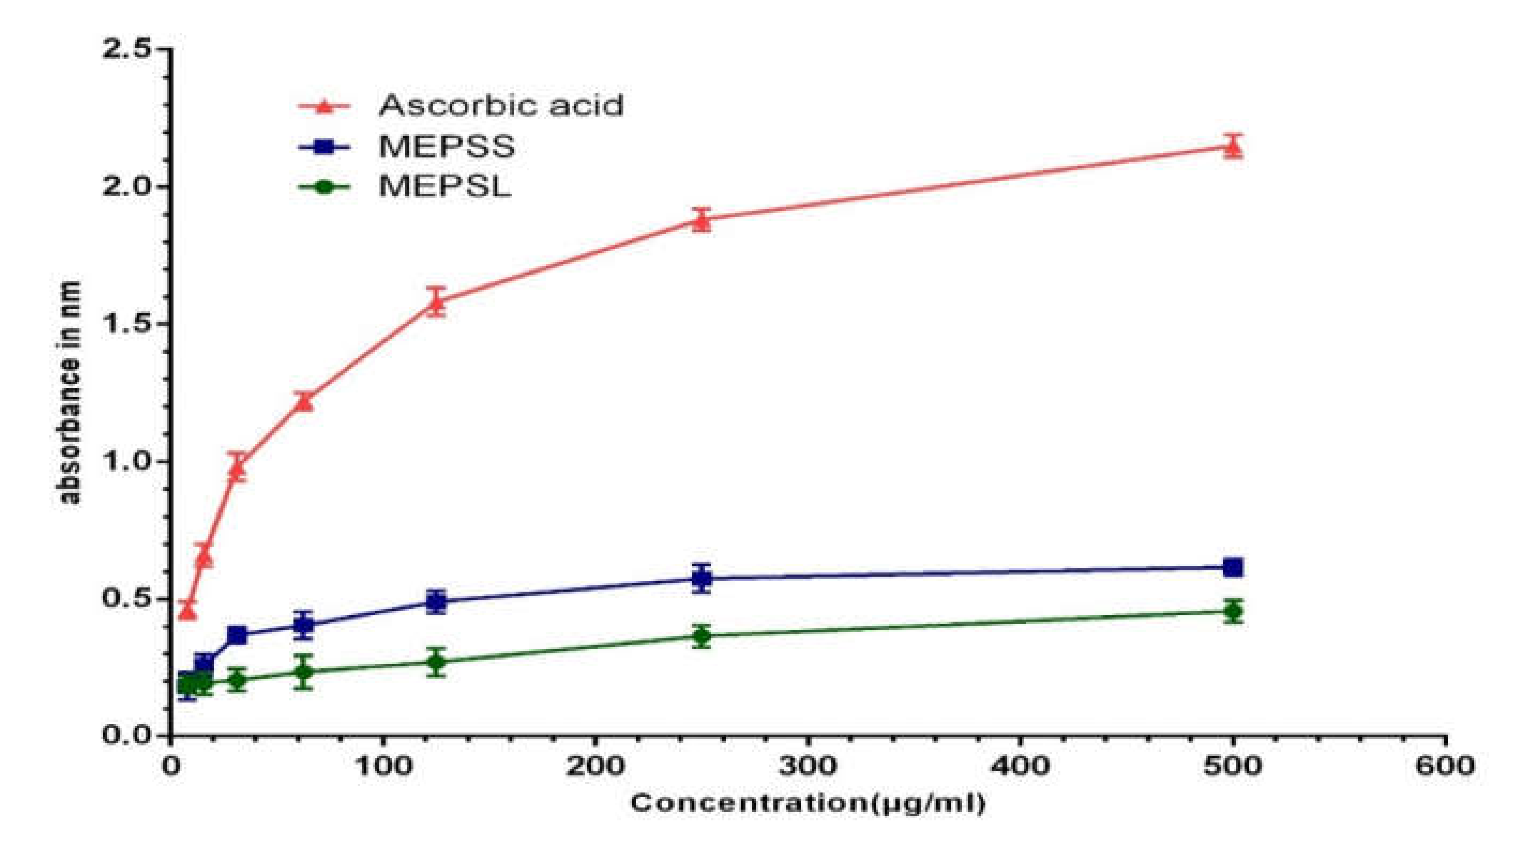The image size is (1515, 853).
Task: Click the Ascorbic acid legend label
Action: [x=501, y=106]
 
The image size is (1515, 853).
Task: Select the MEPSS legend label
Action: [x=447, y=146]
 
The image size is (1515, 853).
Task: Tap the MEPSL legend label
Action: [x=445, y=187]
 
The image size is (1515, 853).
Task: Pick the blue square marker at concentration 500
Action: [x=1233, y=568]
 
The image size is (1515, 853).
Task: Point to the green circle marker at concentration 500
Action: [x=1233, y=612]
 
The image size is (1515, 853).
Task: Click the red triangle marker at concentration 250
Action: [x=701, y=221]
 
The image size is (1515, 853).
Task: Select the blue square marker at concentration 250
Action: [x=701, y=578]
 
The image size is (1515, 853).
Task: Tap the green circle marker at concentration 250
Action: [x=701, y=636]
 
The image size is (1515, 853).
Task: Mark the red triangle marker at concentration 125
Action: [x=436, y=303]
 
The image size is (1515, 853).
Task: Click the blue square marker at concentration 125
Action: [x=436, y=601]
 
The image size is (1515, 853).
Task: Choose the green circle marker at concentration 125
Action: [x=436, y=662]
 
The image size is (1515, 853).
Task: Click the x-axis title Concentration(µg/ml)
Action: [x=808, y=803]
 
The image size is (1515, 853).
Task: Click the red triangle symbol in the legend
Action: [x=324, y=107]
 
